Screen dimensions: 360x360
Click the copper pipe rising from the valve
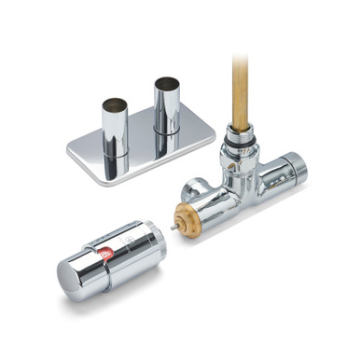240,93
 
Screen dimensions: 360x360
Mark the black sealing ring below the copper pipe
240,134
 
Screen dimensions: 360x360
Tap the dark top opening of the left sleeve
114,101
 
